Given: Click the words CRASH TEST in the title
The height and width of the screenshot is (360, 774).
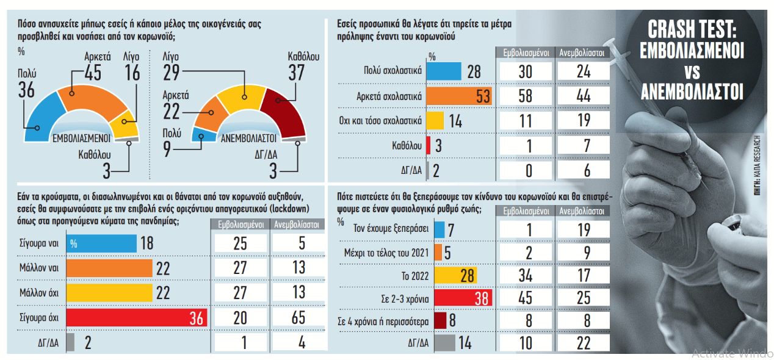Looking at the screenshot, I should click(x=691, y=30).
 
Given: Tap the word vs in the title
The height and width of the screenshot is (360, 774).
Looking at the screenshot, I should click(x=691, y=71).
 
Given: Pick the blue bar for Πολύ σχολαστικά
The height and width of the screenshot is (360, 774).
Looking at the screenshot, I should click(x=443, y=72).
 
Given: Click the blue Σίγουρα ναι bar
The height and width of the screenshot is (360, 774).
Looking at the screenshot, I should click(x=101, y=243).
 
